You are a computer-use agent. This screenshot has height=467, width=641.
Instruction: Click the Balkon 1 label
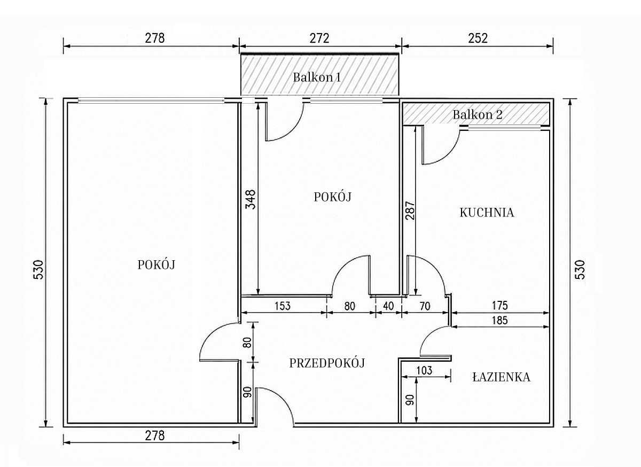click(317, 77)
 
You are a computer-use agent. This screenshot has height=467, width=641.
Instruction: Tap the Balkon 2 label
click(478, 114)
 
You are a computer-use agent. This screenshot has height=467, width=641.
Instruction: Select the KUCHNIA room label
click(487, 213)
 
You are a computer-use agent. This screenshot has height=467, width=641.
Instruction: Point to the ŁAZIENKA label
click(502, 377)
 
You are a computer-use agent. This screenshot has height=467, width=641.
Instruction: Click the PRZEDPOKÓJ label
click(327, 363)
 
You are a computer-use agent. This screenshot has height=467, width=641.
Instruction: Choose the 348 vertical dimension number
click(251, 199)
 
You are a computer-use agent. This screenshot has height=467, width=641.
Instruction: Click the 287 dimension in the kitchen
click(410, 211)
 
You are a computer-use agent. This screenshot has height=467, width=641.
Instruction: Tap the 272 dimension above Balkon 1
click(319, 38)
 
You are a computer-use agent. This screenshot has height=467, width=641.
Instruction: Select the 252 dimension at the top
click(478, 38)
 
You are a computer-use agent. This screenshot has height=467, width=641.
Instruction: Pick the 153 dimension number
click(283, 306)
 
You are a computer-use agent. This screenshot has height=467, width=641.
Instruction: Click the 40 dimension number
click(388, 306)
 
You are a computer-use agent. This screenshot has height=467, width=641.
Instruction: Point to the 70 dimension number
click(425, 306)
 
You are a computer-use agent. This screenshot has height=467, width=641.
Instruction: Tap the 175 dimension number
click(499, 306)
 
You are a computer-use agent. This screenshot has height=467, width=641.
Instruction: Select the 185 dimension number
click(499, 320)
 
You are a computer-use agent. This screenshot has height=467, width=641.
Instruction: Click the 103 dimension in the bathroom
click(424, 370)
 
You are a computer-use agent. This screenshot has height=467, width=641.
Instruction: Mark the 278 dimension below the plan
click(154, 435)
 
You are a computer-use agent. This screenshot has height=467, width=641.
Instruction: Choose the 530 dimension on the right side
click(580, 269)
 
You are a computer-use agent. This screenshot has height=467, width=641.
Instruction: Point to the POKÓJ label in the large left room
click(156, 265)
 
